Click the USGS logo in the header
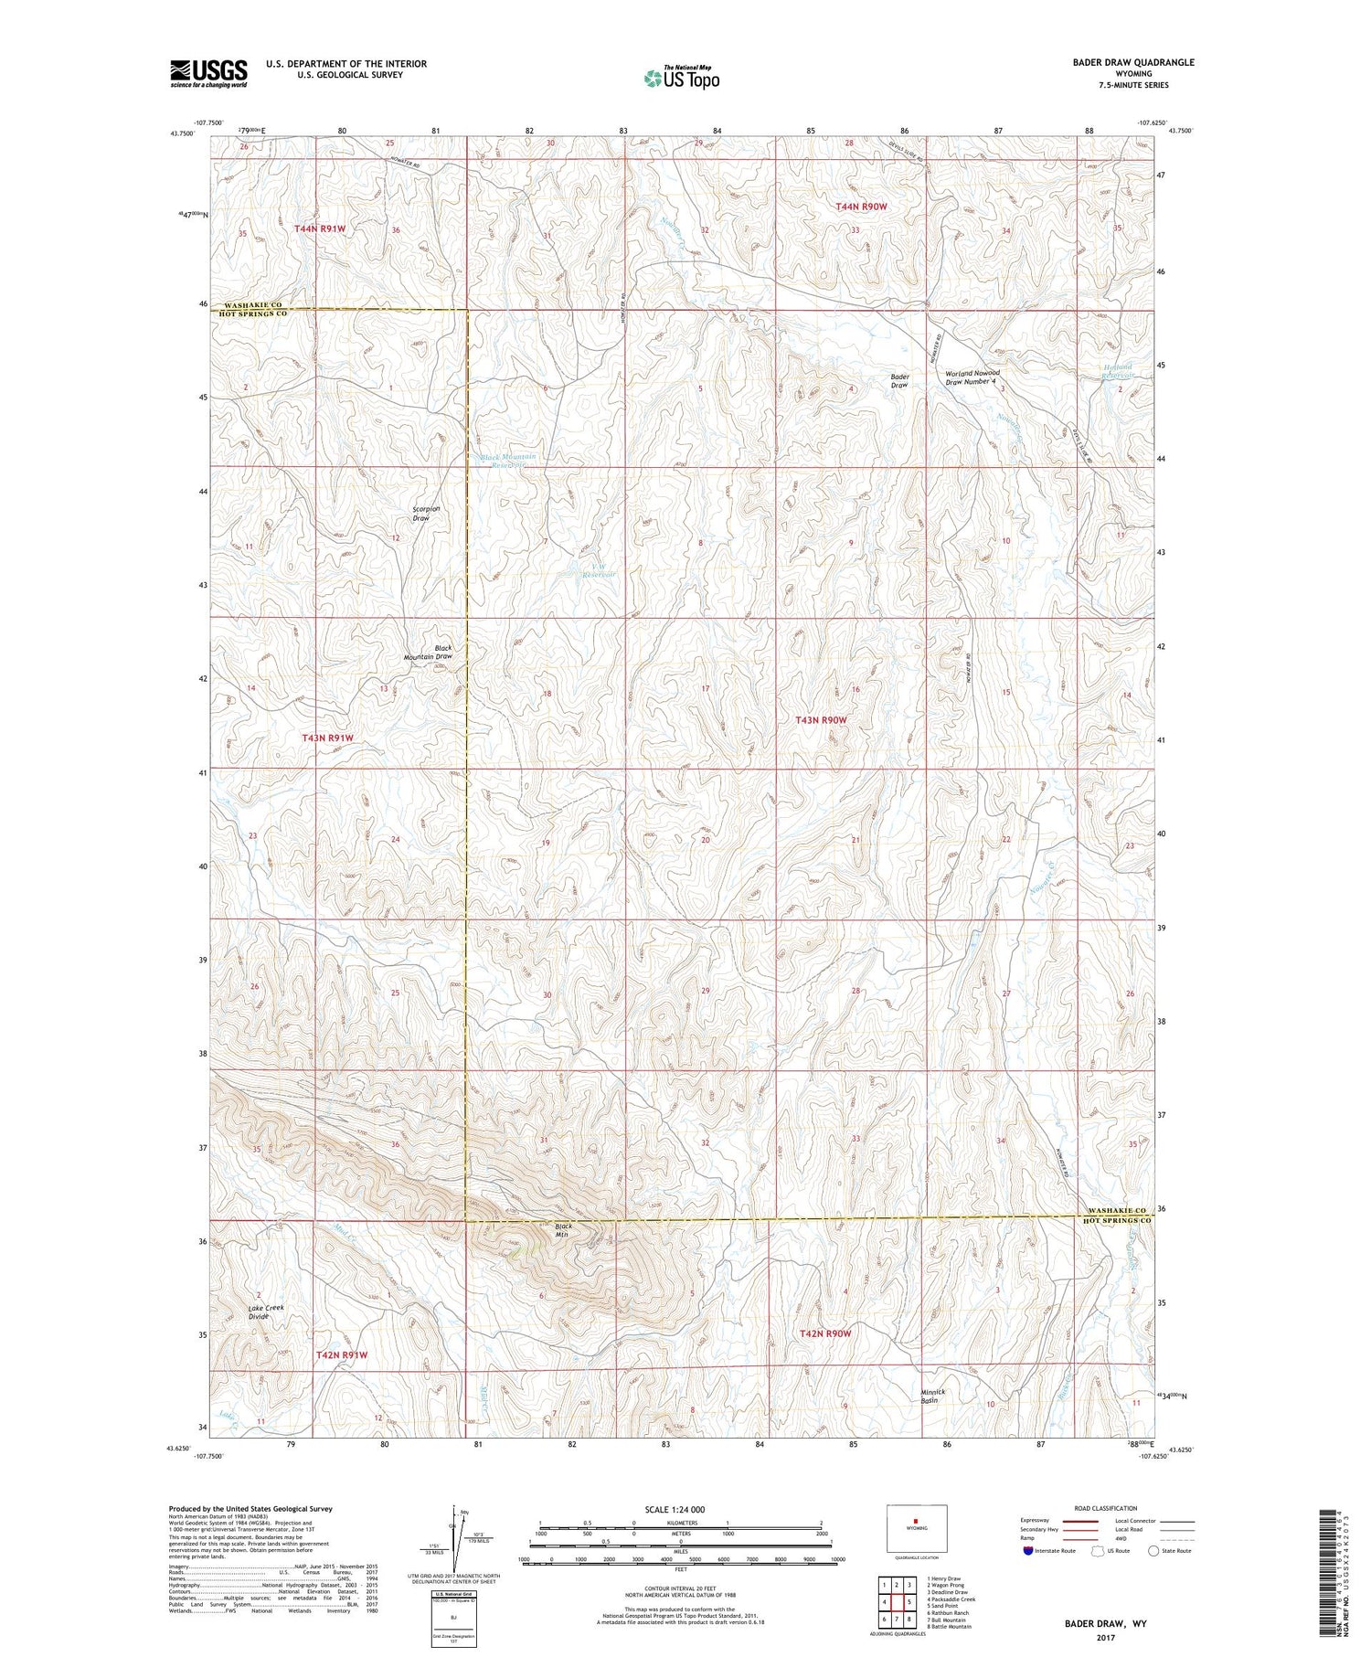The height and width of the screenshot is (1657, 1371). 208,73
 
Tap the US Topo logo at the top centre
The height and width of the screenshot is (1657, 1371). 681,78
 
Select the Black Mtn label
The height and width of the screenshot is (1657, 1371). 563,1229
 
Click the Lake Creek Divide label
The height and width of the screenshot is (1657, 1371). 266,1312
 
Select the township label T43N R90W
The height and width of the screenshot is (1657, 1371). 821,720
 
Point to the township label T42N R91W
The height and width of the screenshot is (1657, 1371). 341,1354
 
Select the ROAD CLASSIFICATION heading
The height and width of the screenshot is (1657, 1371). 1106,1508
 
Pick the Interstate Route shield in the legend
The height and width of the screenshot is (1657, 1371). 1027,1550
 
